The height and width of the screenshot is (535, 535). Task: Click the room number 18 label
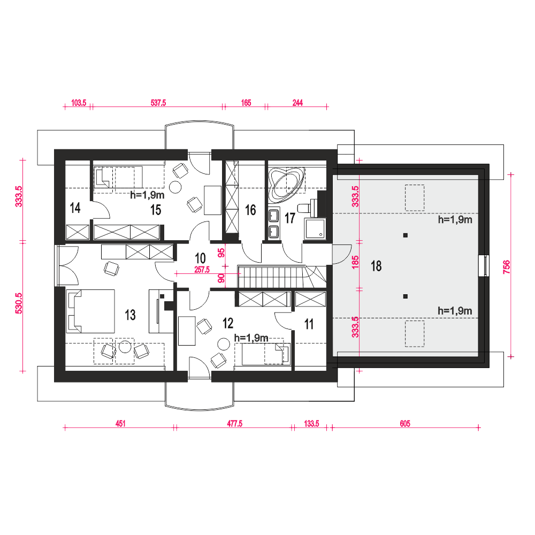coord(376,266)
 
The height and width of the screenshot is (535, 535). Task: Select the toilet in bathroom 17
coord(305,208)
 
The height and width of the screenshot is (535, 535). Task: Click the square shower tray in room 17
coord(315,228)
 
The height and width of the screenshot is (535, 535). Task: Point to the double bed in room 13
coord(90,311)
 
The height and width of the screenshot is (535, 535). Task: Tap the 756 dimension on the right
coord(506,267)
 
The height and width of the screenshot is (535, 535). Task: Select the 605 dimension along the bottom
coord(405,423)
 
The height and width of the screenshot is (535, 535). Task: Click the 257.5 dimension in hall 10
coord(202,270)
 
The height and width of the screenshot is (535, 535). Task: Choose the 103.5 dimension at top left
coord(79,103)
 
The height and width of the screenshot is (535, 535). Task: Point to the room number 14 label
coord(75,208)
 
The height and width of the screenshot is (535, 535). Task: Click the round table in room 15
coord(175,187)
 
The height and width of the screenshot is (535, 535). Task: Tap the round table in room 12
coord(224,344)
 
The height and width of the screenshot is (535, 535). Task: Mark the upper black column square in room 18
coord(406,235)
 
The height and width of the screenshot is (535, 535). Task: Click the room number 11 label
coord(309,324)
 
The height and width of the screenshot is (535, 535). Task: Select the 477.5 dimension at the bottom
coord(235,423)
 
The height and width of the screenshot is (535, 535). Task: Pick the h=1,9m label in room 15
coord(148,195)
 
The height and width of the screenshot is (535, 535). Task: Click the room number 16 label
coord(250,210)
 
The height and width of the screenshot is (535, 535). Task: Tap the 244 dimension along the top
coord(297,103)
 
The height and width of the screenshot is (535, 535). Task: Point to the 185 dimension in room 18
coord(355,262)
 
